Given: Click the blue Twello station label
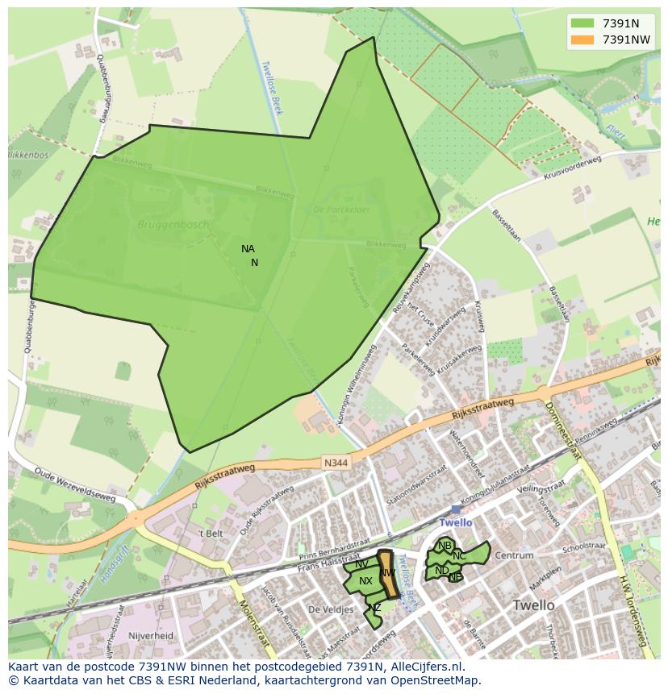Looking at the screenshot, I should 456,522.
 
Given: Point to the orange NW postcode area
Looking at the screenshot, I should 388,574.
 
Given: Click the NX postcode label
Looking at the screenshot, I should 365,580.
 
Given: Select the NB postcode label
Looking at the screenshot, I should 445,546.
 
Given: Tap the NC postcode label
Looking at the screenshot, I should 459,556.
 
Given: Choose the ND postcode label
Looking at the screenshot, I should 441,571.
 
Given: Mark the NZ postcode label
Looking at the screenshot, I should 374,608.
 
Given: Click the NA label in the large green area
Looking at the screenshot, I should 248,249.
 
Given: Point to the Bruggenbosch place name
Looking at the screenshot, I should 173,224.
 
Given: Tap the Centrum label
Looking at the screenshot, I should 514,555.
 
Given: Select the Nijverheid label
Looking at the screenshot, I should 151,635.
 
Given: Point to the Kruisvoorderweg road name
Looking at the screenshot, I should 572,168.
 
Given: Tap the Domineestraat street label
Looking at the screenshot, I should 563,431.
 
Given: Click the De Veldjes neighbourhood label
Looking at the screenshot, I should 331,609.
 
